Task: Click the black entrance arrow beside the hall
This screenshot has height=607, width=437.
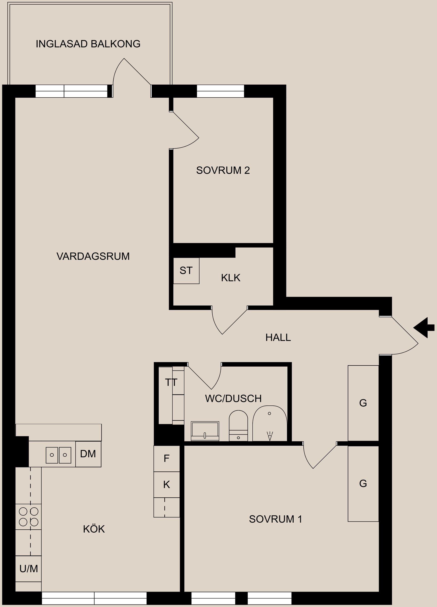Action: pyautogui.click(x=424, y=328)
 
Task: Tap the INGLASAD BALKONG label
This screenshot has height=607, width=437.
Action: pyautogui.click(x=88, y=44)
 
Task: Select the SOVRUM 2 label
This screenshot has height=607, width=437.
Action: pyautogui.click(x=223, y=170)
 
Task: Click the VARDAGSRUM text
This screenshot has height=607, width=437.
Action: pyautogui.click(x=93, y=256)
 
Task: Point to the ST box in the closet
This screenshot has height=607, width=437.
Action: pyautogui.click(x=186, y=271)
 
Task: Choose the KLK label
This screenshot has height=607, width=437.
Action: pyautogui.click(x=231, y=278)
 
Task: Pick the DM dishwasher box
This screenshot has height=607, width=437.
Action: pyautogui.click(x=88, y=454)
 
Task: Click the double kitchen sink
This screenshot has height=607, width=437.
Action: pyautogui.click(x=58, y=455)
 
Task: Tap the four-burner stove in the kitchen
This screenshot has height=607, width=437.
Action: pyautogui.click(x=28, y=516)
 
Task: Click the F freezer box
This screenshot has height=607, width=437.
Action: pyautogui.click(x=167, y=458)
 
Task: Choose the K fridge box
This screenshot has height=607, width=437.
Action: pyautogui.click(x=167, y=484)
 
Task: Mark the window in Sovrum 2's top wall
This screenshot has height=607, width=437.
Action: pyautogui.click(x=220, y=91)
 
